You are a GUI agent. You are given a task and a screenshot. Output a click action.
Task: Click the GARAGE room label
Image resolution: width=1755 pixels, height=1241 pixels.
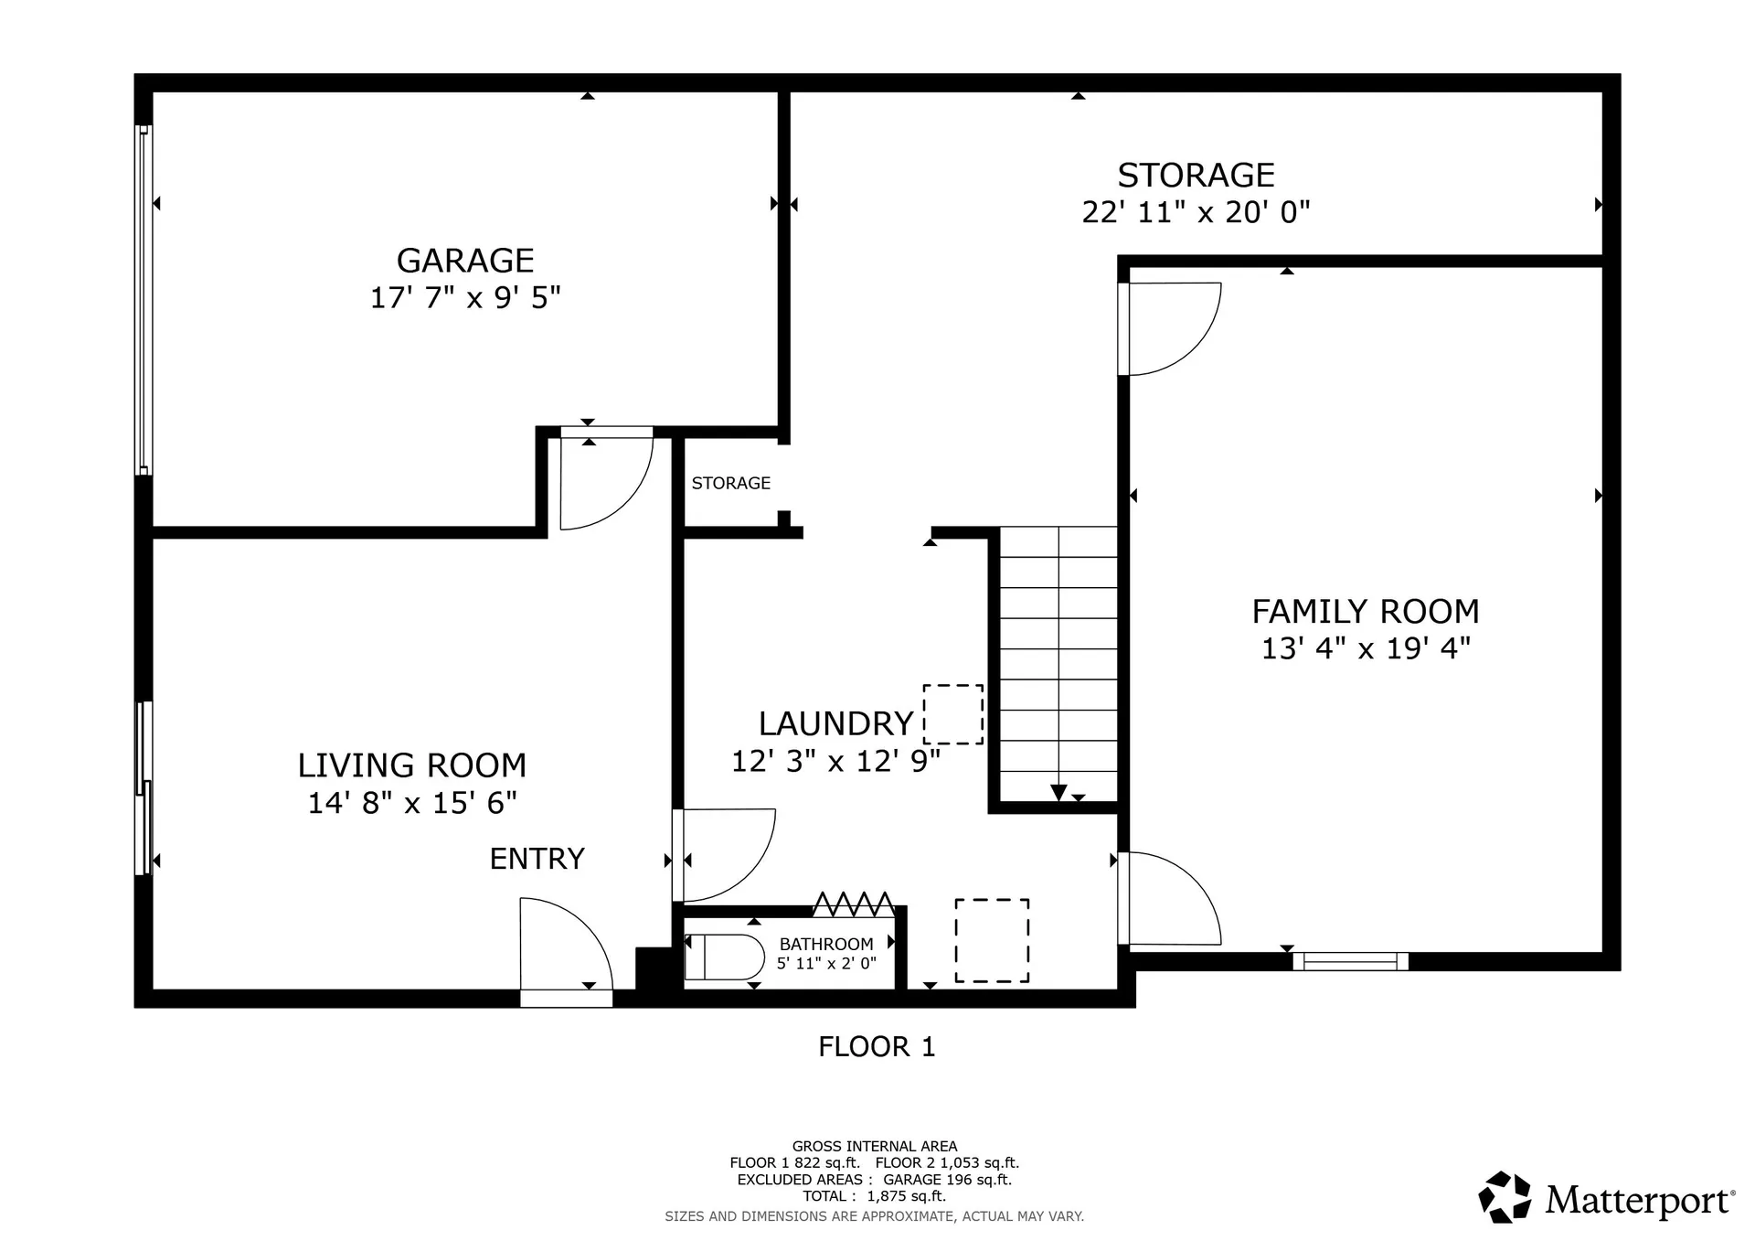[x=465, y=261]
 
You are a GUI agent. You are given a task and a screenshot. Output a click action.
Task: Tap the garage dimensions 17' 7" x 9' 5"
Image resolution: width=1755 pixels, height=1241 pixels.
[x=465, y=298]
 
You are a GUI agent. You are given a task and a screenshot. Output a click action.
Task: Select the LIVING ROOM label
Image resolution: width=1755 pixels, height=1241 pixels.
[x=412, y=765]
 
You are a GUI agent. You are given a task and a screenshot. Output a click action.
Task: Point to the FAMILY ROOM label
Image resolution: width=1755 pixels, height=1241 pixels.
[x=1366, y=611]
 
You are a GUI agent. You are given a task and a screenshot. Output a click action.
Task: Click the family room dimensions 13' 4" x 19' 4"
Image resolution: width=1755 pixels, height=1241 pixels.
[x=1366, y=648]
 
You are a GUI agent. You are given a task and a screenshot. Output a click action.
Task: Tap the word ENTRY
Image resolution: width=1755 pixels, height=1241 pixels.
[x=537, y=859]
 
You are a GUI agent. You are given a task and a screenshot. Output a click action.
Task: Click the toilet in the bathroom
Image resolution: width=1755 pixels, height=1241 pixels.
[x=725, y=957]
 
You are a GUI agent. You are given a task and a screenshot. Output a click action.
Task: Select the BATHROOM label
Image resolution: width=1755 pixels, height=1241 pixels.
[x=826, y=944]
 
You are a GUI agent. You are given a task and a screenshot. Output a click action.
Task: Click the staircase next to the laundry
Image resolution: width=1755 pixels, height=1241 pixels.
[x=1058, y=663]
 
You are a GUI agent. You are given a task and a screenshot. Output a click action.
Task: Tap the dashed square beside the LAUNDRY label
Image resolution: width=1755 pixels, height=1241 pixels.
[x=953, y=714]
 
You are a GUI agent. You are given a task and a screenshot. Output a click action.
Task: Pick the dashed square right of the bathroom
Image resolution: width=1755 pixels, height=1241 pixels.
[x=992, y=941]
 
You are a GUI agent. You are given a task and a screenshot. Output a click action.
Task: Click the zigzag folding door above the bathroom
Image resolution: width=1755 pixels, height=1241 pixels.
[x=854, y=904]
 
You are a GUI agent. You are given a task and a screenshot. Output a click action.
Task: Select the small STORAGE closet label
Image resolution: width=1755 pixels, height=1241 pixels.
[x=730, y=483]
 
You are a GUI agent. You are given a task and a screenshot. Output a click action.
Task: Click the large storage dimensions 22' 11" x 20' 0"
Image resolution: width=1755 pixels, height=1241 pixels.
[x=1196, y=212]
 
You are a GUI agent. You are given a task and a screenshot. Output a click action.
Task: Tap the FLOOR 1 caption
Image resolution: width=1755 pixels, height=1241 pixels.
[x=877, y=1046]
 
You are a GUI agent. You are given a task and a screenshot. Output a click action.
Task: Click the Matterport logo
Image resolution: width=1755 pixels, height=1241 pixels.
[x=1606, y=1198]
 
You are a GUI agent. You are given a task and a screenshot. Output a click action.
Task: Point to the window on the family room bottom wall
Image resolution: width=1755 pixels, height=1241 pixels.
[x=1350, y=961]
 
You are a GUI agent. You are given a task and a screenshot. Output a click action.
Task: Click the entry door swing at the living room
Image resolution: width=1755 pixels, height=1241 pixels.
[x=563, y=947]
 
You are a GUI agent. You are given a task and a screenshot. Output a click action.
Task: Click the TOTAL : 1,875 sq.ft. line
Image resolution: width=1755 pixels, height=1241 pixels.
[x=874, y=1196]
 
